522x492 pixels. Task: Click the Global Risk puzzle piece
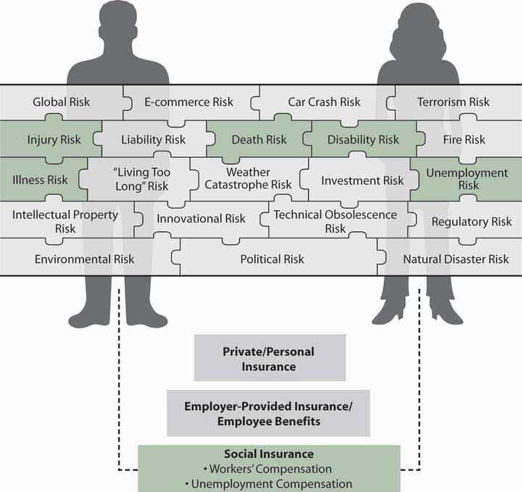click(x=61, y=102)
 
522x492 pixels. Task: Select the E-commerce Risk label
click(x=188, y=102)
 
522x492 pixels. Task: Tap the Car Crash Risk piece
click(x=324, y=102)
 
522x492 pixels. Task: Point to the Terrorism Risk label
click(x=453, y=102)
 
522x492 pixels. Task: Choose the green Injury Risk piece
click(x=54, y=139)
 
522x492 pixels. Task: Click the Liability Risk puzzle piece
click(x=153, y=139)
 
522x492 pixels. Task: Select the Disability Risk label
click(x=363, y=139)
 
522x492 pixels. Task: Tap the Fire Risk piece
click(x=465, y=139)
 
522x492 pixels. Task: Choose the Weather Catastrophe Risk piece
click(x=247, y=179)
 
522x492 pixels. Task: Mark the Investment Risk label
click(x=362, y=180)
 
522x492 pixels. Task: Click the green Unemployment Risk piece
click(x=467, y=179)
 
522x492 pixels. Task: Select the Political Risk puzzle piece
click(x=273, y=259)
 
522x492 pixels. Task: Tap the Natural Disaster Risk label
click(x=456, y=259)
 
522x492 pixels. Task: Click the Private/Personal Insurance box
click(x=269, y=359)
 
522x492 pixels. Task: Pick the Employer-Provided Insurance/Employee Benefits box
click(x=268, y=413)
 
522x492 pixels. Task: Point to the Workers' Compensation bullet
click(x=269, y=470)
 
